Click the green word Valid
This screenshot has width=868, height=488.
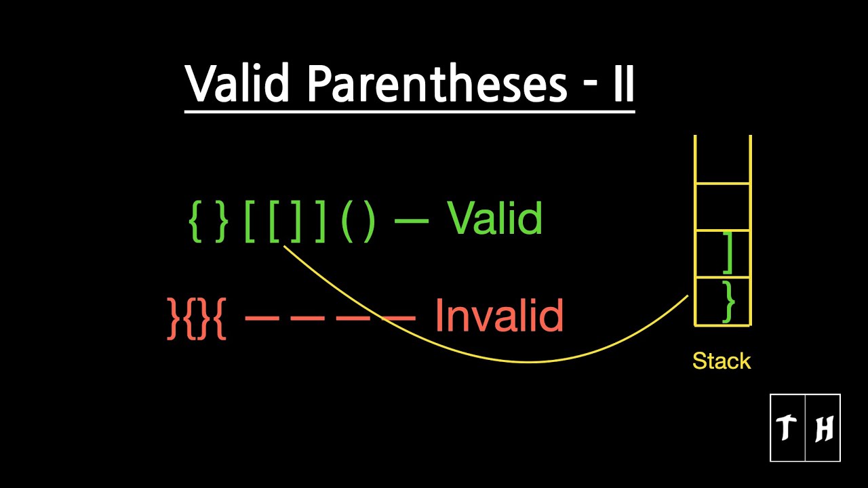coord(494,218)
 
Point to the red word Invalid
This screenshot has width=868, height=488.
coord(499,315)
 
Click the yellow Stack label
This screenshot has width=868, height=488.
coord(722,361)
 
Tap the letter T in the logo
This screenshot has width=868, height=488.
coord(787,428)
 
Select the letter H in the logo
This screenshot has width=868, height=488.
coord(823,428)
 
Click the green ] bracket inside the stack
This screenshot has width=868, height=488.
coord(728,253)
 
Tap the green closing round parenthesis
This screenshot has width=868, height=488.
coord(368,221)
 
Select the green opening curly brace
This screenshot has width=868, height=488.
coord(194,221)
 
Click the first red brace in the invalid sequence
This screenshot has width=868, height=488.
coord(174,317)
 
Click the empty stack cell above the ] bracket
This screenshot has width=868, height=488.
coord(723,207)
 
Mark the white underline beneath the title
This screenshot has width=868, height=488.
coord(410,109)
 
